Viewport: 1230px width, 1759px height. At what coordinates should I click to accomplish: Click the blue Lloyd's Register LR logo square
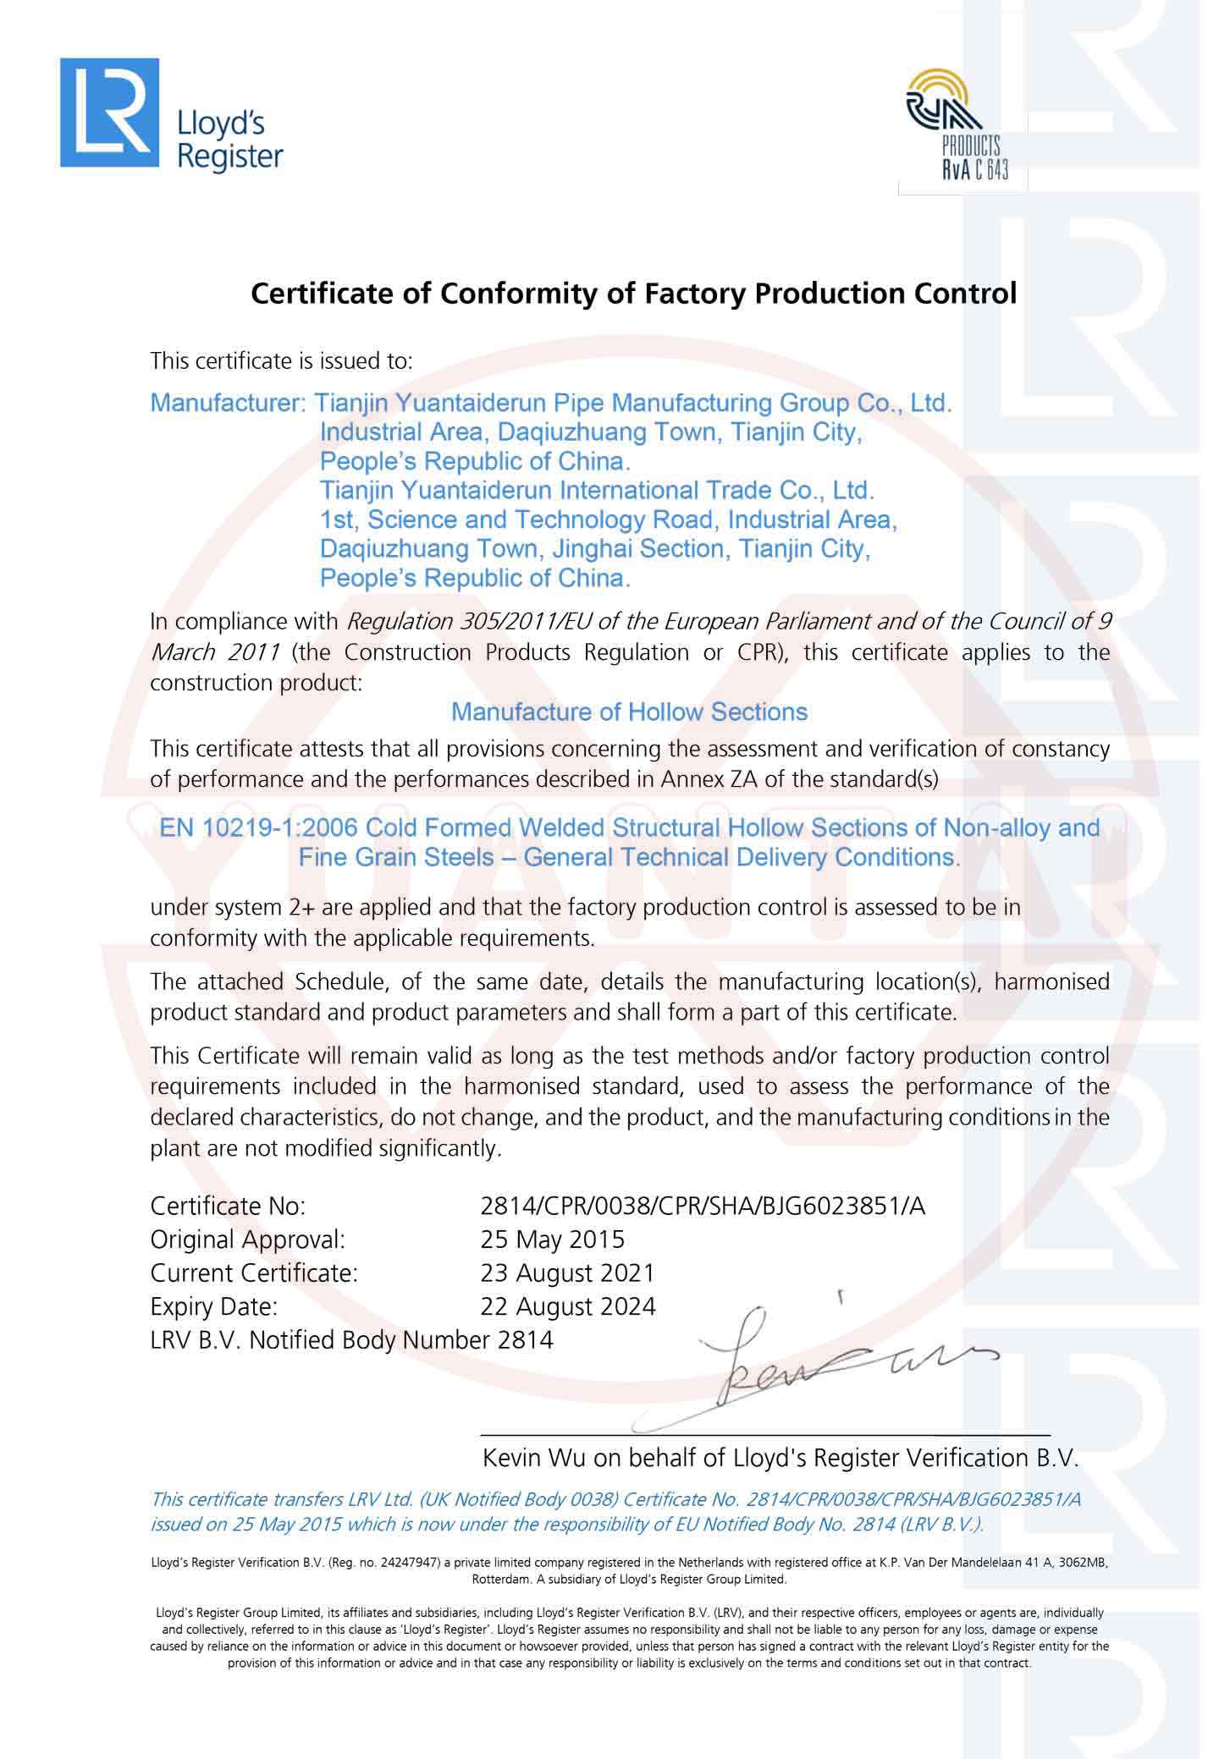pyautogui.click(x=109, y=113)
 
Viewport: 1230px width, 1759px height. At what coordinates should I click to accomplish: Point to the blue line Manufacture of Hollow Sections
pyautogui.click(x=629, y=712)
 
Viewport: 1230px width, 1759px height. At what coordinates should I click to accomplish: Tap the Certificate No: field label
pyautogui.click(x=228, y=1206)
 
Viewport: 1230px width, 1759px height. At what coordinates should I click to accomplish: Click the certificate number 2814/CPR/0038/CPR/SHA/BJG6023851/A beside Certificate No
pyautogui.click(x=703, y=1206)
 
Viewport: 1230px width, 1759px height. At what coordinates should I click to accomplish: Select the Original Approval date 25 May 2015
pyautogui.click(x=552, y=1240)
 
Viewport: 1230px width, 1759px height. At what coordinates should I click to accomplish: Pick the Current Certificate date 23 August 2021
pyautogui.click(x=567, y=1273)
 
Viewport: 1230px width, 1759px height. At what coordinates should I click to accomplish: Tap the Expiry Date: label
pyautogui.click(x=214, y=1307)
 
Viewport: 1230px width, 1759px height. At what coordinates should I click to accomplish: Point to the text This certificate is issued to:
pyautogui.click(x=281, y=361)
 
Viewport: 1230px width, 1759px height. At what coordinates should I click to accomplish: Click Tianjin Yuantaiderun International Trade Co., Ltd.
pyautogui.click(x=596, y=491)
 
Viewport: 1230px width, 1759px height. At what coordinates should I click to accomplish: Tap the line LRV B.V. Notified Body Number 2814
pyautogui.click(x=351, y=1340)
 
